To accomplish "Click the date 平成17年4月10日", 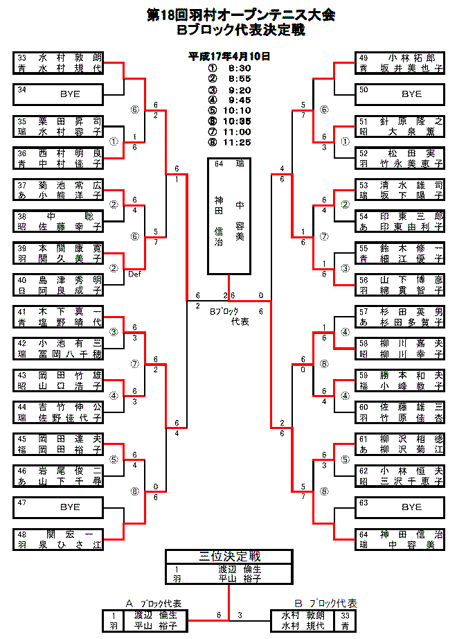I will click(229, 56).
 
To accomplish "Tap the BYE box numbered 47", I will click(58, 507).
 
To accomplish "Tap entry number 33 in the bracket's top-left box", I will click(21, 58).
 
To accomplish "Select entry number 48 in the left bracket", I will click(21, 534).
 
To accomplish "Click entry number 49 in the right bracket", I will click(364, 58).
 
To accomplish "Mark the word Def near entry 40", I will click(135, 274).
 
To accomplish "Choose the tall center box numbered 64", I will click(229, 215).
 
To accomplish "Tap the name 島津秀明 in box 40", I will click(69, 280).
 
